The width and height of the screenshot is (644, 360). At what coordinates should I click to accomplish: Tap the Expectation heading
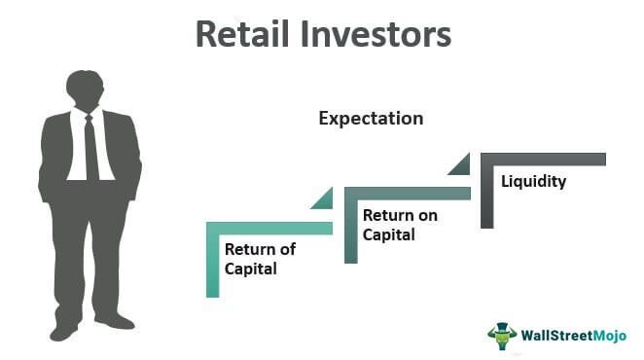click(371, 119)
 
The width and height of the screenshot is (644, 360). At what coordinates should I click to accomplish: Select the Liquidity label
click(532, 181)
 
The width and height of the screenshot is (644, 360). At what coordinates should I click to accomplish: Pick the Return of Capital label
click(260, 259)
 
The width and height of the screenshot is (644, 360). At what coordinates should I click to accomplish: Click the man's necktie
click(90, 146)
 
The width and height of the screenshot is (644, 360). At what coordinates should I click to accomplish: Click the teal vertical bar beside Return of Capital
click(212, 263)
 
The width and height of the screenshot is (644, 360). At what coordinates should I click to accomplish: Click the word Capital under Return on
click(388, 234)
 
